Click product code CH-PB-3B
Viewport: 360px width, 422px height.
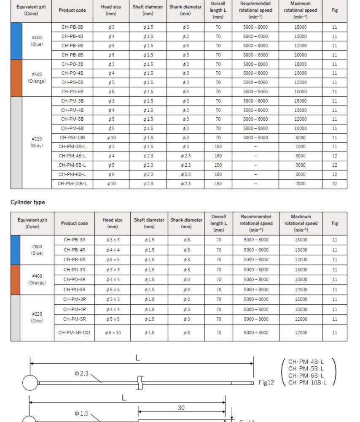(72, 27)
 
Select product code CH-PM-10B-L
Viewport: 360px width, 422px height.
(72, 184)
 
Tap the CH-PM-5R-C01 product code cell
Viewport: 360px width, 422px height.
(74, 333)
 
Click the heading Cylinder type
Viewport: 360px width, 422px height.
(27, 203)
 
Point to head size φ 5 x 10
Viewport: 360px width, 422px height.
(113, 333)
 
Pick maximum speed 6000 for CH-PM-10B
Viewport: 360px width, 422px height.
(300, 138)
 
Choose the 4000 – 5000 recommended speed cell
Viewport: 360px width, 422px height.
(255, 138)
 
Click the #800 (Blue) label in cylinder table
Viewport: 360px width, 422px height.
(37, 250)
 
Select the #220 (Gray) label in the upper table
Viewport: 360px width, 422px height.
(37, 142)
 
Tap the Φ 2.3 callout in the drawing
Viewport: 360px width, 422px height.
(81, 373)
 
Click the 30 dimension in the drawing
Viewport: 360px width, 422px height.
(180, 408)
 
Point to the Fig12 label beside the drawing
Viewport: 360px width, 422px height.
(266, 383)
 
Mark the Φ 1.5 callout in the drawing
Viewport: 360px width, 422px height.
(81, 414)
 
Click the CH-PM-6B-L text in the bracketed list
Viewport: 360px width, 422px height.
(306, 376)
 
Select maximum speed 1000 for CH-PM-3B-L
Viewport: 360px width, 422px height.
(300, 147)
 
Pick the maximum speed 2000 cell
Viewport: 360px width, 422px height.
(300, 184)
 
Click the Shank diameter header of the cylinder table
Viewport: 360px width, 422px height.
(186, 223)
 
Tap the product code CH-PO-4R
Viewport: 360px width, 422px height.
(74, 279)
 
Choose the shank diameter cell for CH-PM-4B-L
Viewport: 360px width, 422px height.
(185, 156)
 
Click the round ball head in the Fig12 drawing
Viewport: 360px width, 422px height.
(30, 383)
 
